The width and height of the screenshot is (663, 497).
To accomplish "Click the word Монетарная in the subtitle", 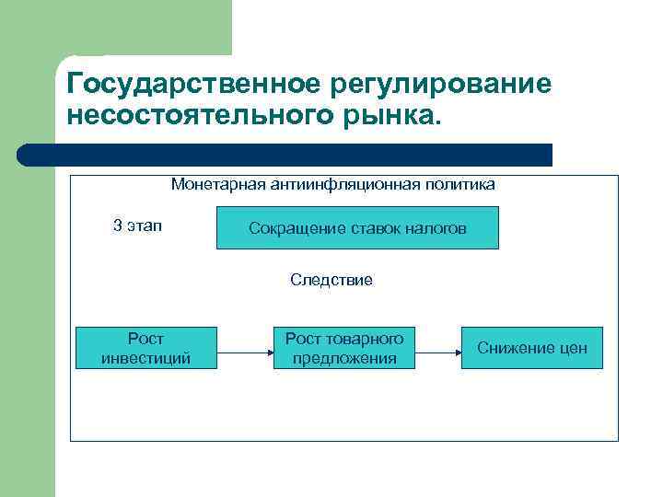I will tap(218, 184).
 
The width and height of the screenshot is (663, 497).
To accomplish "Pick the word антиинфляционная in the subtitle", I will tap(344, 184).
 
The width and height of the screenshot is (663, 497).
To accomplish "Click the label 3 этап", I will tap(136, 226).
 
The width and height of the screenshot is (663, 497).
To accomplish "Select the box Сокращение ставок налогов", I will tap(357, 227).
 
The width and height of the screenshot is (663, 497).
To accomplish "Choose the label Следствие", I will tap(331, 280).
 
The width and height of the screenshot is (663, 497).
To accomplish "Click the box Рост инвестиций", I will tap(145, 348).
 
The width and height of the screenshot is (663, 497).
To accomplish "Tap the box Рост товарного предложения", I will tap(344, 348).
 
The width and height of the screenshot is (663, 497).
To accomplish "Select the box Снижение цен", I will tap(531, 348).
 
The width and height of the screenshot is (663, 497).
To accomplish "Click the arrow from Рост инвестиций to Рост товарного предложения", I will tap(244, 351).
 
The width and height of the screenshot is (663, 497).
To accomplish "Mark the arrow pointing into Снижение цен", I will tap(438, 351).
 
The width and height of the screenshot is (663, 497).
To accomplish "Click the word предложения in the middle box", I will tap(344, 358).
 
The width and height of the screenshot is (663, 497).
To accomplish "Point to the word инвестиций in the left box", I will tap(145, 358).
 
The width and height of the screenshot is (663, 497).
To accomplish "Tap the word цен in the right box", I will tap(573, 348).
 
